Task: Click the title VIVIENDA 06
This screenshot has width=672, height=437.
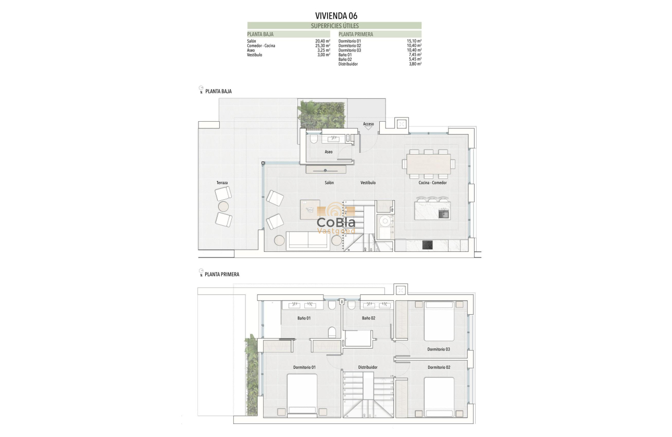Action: (335, 16)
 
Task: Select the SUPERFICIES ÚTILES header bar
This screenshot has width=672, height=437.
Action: (334, 25)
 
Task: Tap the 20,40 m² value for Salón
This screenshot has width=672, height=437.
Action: (323, 41)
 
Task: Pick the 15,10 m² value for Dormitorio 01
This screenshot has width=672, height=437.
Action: (414, 41)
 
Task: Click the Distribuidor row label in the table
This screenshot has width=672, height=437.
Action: (347, 64)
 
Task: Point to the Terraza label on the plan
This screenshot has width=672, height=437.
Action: (222, 183)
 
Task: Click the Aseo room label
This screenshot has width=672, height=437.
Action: (329, 152)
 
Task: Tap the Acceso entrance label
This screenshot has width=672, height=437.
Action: (368, 124)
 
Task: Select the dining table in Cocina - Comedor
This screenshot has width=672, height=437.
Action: (429, 163)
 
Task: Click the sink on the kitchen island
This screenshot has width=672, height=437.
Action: (444, 212)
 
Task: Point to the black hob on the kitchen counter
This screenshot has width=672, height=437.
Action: (427, 245)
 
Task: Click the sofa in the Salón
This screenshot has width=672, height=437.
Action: (308, 240)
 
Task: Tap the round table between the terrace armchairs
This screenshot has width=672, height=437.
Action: (223, 207)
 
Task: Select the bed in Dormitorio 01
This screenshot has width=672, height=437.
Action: (302, 394)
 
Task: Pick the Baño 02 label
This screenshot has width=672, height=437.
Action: (368, 318)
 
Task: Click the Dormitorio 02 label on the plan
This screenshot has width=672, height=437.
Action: (439, 367)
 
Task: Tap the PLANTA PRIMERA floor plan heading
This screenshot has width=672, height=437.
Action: (222, 274)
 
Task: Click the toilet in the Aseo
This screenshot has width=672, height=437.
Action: (313, 139)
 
